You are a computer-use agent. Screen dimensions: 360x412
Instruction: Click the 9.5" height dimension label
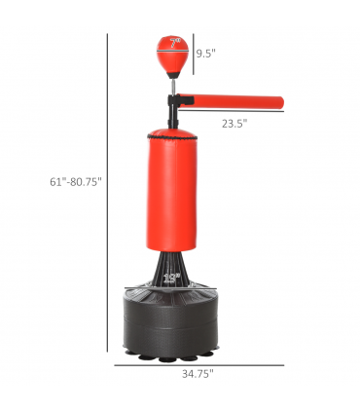tap(205, 53)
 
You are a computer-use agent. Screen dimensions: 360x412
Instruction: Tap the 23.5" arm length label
tap(234, 124)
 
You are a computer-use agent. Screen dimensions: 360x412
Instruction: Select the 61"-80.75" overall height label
tap(76, 182)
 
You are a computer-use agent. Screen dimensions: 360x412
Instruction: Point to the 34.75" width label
tap(198, 374)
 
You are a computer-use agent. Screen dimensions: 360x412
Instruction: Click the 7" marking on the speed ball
tap(175, 43)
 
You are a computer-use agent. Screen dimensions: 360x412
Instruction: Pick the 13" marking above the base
tap(171, 278)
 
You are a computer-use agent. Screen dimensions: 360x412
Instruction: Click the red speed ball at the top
tap(172, 56)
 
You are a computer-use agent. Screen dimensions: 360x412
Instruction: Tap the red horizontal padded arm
tap(231, 101)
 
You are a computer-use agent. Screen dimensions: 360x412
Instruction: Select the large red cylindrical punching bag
tap(171, 190)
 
